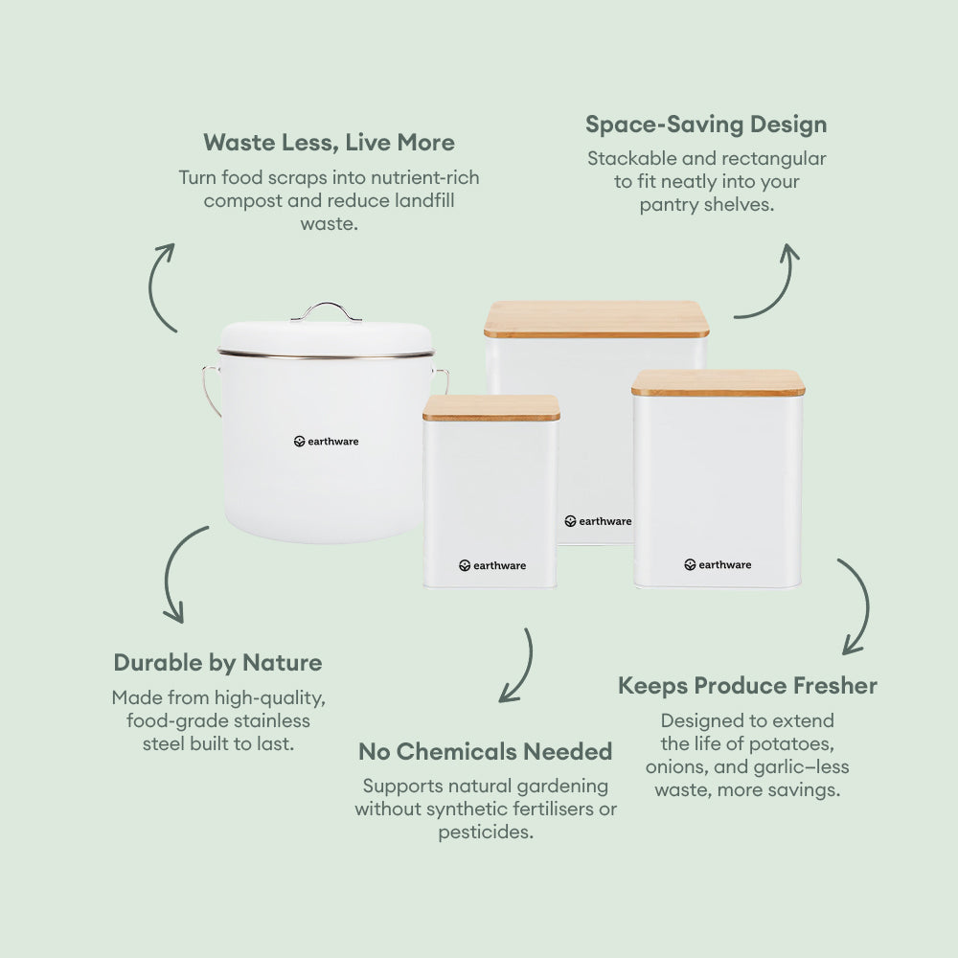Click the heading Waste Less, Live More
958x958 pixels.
pyautogui.click(x=329, y=143)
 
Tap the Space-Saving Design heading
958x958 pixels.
pyautogui.click(x=706, y=125)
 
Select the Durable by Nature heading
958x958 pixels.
pyautogui.click(x=218, y=663)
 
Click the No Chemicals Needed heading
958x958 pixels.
pyautogui.click(x=485, y=751)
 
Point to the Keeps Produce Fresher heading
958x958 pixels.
pyautogui.click(x=747, y=686)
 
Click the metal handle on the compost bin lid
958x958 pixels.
pyautogui.click(x=327, y=309)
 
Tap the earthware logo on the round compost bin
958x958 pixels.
pyautogui.click(x=327, y=441)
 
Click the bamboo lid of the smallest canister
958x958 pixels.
pyautogui.click(x=491, y=407)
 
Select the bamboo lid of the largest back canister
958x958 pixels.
pyautogui.click(x=596, y=319)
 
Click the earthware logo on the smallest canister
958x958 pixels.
pyautogui.click(x=492, y=566)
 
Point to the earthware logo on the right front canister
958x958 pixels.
pyautogui.click(x=718, y=564)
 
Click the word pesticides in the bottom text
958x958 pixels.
pyautogui.click(x=486, y=833)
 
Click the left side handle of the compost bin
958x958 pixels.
pyautogui.click(x=211, y=391)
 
